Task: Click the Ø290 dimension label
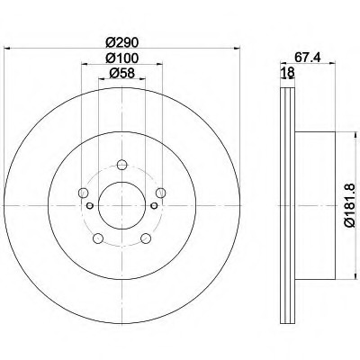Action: [x=122, y=42]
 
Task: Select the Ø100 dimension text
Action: [x=122, y=58]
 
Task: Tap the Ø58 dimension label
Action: [x=122, y=73]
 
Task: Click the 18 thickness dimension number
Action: [x=287, y=73]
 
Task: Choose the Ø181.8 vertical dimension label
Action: [x=350, y=205]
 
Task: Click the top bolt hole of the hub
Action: [x=121, y=165]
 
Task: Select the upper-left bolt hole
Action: [x=83, y=193]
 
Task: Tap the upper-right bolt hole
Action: [x=161, y=193]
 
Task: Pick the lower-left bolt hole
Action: [x=98, y=238]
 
